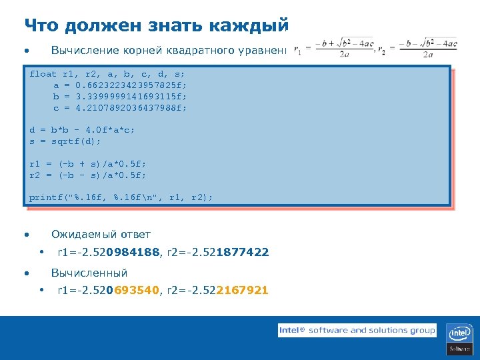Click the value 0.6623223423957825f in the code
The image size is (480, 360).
click(131, 85)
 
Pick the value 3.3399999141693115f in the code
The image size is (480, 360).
click(131, 96)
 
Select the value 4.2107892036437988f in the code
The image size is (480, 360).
click(131, 107)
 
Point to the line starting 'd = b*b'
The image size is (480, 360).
click(82, 130)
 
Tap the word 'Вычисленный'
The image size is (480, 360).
click(89, 273)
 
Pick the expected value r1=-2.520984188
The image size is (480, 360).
click(109, 252)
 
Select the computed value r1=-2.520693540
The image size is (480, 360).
click(109, 290)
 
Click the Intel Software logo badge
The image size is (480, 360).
click(459, 339)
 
